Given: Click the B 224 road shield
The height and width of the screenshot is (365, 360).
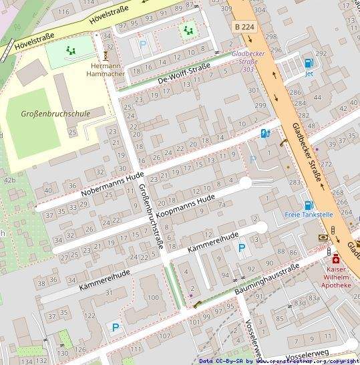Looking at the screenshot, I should coord(245,26).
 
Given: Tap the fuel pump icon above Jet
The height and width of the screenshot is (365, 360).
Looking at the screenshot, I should coord(308,64).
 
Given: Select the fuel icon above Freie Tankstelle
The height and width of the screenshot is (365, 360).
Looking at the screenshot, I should coord(308,205).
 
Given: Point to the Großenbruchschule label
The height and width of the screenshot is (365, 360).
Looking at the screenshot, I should coord(57,114).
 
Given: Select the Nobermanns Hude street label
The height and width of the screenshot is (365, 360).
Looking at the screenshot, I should coord(103,182).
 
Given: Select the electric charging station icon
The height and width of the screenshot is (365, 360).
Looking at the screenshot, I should coord(265,133).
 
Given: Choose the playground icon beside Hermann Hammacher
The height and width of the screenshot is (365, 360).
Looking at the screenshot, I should coord(71,49).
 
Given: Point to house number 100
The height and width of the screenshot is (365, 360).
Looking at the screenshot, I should coord(153,297).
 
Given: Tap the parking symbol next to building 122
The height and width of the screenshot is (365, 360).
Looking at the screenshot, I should coord(116,328).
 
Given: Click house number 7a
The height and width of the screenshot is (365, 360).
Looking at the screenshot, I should coord(221,205).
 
